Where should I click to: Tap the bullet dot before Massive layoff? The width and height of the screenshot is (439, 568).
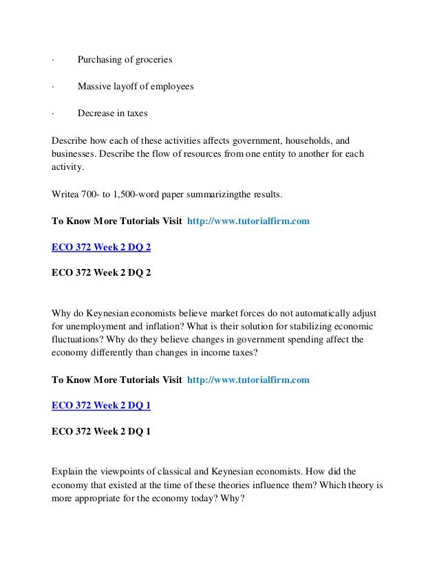[x=53, y=87]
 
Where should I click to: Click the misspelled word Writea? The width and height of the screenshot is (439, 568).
[x=66, y=195]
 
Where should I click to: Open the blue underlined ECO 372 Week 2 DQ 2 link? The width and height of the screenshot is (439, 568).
[x=101, y=247]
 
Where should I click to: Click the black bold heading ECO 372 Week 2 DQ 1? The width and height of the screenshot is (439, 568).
[x=101, y=432]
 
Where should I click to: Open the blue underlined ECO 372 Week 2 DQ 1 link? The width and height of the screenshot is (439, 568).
[x=101, y=406]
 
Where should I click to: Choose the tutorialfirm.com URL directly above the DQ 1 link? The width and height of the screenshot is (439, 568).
[x=248, y=379]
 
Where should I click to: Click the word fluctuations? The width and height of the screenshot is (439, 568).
[x=80, y=340]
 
